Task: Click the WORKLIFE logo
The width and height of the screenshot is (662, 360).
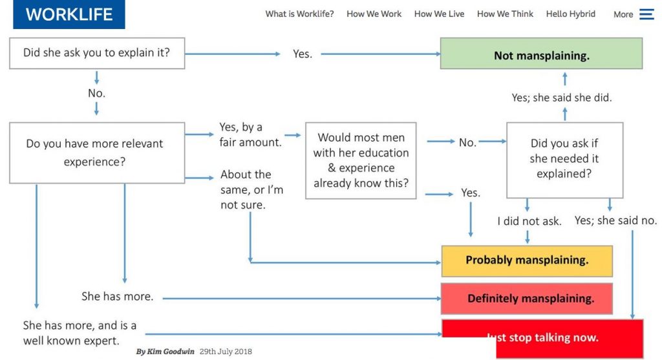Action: (x=69, y=15)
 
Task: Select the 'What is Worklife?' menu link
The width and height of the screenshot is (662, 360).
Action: (x=299, y=14)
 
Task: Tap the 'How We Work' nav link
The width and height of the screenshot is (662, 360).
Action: (x=374, y=14)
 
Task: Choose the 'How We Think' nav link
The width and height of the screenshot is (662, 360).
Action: (x=505, y=14)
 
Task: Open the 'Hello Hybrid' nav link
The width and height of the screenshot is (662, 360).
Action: (x=570, y=14)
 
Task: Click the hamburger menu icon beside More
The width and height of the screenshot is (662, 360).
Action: (x=646, y=14)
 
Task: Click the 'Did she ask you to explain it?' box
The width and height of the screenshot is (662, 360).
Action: (x=96, y=53)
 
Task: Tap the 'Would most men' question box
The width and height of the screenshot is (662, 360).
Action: (x=361, y=160)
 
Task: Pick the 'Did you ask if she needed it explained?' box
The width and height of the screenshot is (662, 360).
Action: (x=564, y=159)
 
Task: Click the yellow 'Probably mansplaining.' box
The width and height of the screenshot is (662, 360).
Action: (x=526, y=261)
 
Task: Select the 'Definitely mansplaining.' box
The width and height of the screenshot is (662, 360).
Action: (x=526, y=299)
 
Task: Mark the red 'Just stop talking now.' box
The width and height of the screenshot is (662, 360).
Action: (x=542, y=337)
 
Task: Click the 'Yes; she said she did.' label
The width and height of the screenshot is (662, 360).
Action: (x=561, y=98)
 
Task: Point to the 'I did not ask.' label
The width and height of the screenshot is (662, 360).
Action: (x=529, y=221)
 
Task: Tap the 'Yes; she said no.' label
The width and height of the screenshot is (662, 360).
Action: (x=615, y=220)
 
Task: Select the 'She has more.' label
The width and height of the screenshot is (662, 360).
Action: (x=117, y=297)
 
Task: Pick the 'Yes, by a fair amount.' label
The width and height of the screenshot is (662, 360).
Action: (x=250, y=134)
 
